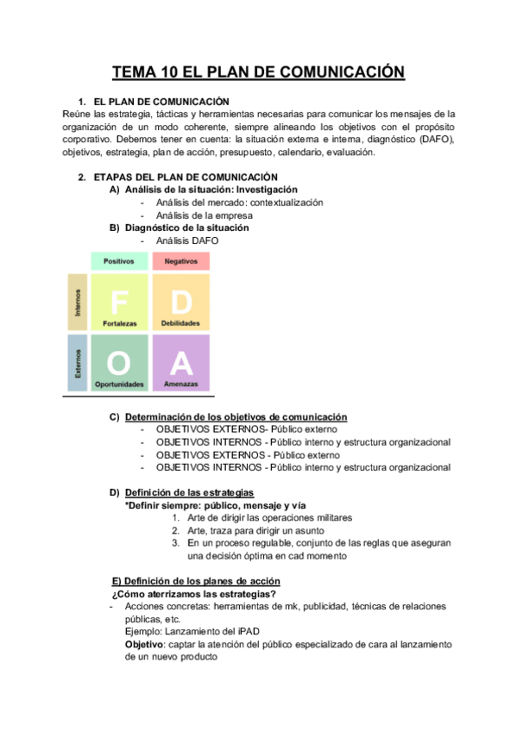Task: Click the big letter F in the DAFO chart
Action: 119,301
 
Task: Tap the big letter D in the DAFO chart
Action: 180,301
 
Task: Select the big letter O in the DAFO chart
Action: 119,361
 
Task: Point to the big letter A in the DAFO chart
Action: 180,361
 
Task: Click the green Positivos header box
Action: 119,260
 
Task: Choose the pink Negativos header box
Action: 180,260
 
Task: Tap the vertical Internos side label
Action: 77,303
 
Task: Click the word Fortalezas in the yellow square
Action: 119,324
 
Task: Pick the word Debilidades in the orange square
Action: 180,324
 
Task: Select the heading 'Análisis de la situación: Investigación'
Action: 211,190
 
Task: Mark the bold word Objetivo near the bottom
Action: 144,645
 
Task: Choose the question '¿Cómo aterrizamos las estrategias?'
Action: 194,594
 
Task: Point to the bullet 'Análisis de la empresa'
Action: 205,216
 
